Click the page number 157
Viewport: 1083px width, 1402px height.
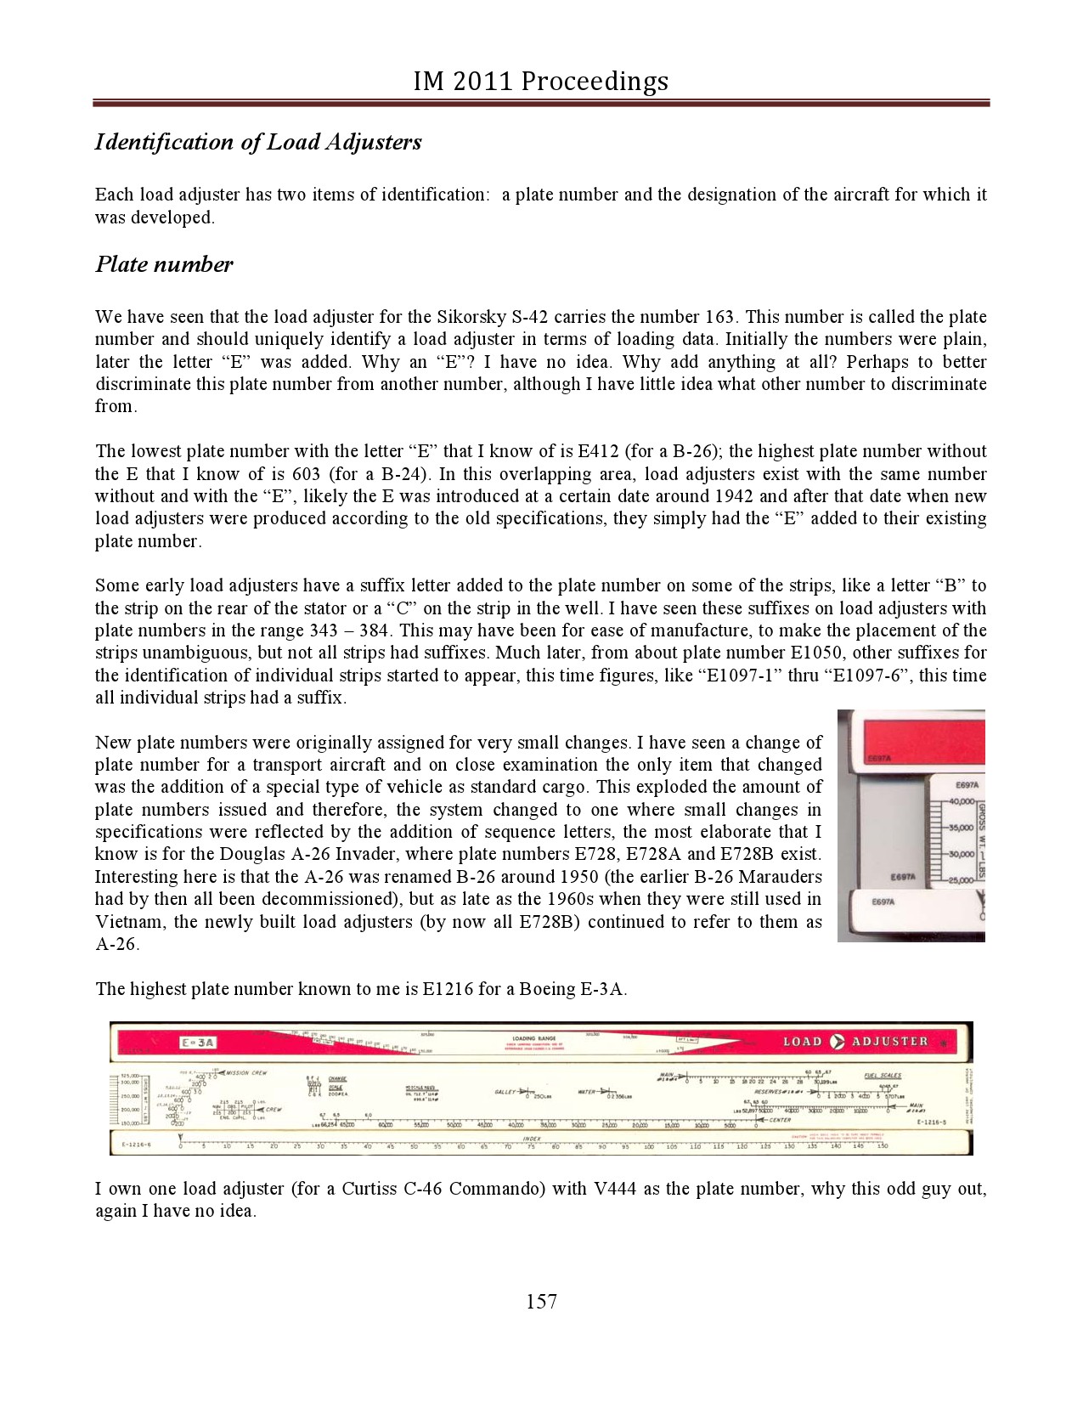point(541,1301)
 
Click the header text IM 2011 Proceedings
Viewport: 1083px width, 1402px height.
point(541,81)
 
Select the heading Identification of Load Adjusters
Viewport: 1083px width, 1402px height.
point(258,141)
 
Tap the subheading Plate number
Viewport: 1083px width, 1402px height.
point(164,264)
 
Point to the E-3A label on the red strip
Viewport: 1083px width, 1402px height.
point(198,1043)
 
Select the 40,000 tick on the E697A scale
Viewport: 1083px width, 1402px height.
point(960,802)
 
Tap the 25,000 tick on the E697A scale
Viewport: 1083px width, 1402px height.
point(960,880)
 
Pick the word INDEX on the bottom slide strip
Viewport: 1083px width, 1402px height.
point(532,1139)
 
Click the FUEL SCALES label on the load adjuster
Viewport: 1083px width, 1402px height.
point(883,1076)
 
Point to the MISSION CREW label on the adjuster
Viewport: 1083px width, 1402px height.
point(246,1073)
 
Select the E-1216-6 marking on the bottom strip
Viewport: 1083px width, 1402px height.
point(137,1145)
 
